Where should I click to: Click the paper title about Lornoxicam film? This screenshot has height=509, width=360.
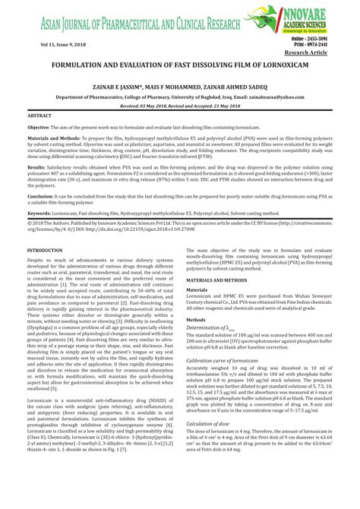coord(179,67)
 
